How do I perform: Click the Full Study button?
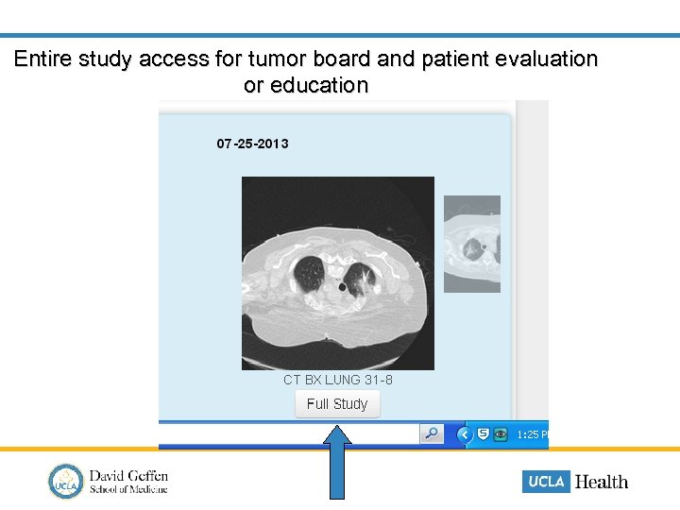pyautogui.click(x=337, y=404)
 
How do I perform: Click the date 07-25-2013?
pyautogui.click(x=252, y=144)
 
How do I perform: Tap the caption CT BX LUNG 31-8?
pyautogui.click(x=337, y=380)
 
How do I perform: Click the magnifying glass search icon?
pyautogui.click(x=432, y=434)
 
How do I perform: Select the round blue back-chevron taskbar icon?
pyautogui.click(x=464, y=434)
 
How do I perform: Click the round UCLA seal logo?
pyautogui.click(x=66, y=481)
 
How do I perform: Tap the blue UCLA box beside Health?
pyautogui.click(x=546, y=481)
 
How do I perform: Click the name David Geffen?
pyautogui.click(x=128, y=475)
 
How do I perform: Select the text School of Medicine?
pyautogui.click(x=128, y=489)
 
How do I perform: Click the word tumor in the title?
pyautogui.click(x=274, y=59)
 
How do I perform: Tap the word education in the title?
pyautogui.click(x=319, y=85)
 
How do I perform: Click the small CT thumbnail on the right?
pyautogui.click(x=472, y=245)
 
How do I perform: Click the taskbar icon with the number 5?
pyautogui.click(x=483, y=434)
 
